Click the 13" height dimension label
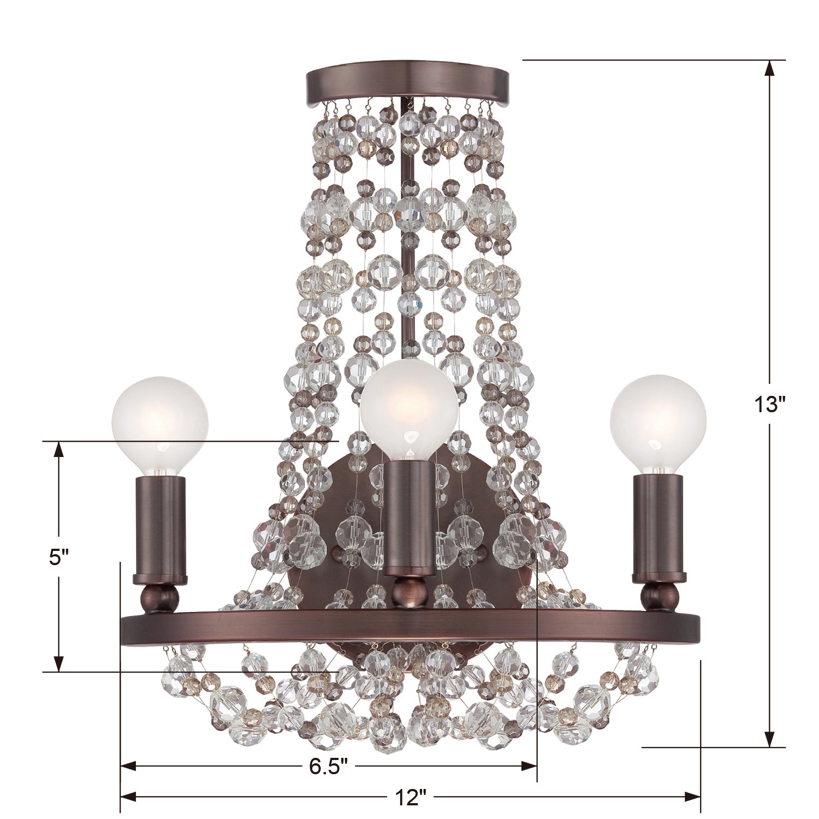[769, 405]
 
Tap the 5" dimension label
[58, 557]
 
